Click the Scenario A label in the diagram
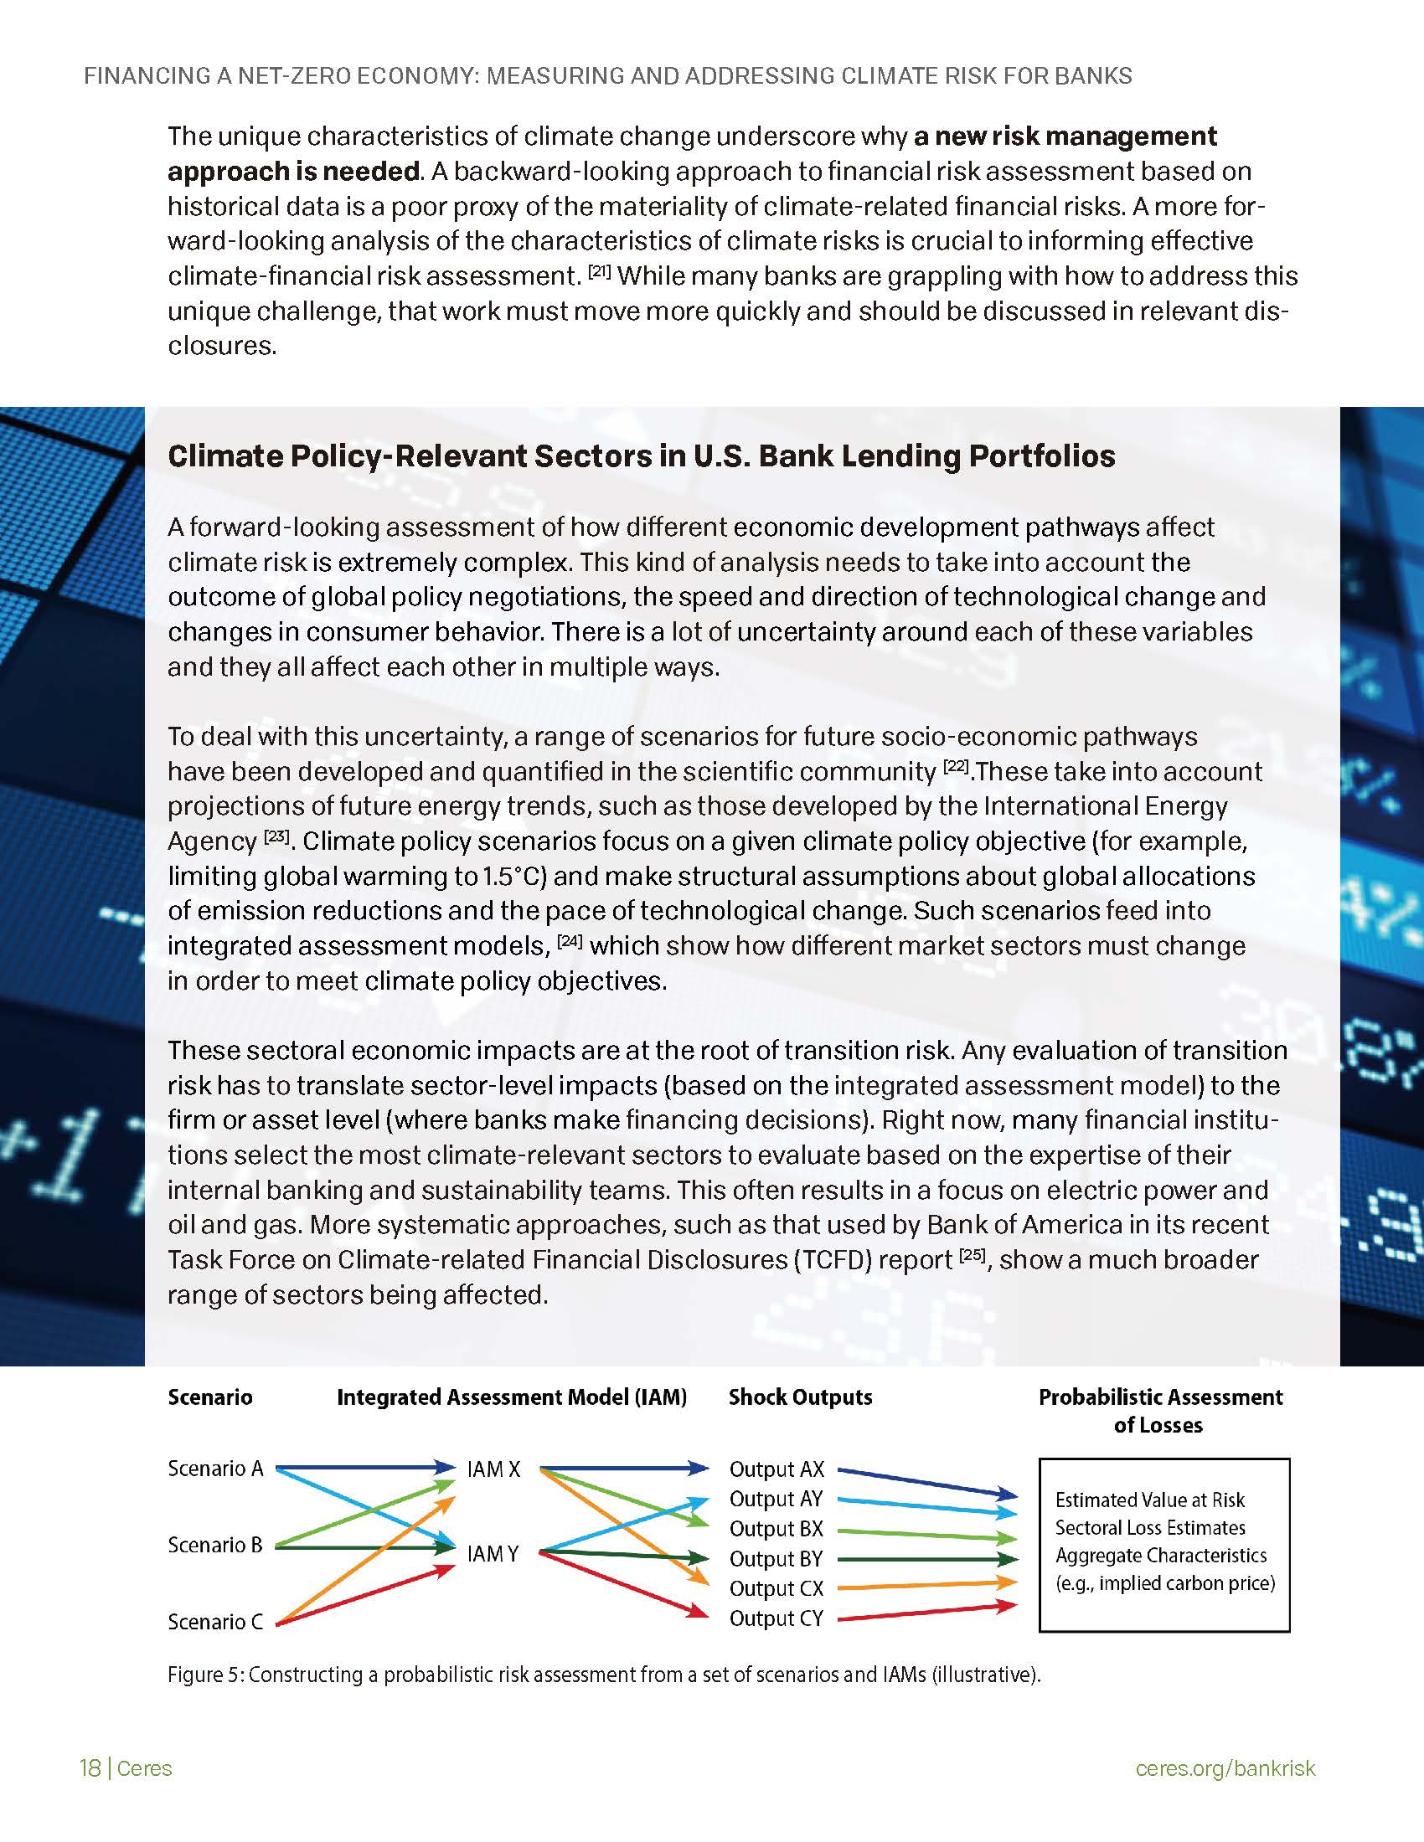[x=215, y=1469]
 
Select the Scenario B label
[x=215, y=1544]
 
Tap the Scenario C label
[x=215, y=1621]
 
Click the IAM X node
[x=493, y=1469]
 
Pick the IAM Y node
[x=493, y=1552]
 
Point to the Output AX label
[x=776, y=1469]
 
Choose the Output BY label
[x=776, y=1559]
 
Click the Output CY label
[x=776, y=1618]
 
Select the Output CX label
[x=776, y=1588]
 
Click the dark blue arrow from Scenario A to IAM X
[x=363, y=1468]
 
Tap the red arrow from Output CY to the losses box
[x=928, y=1612]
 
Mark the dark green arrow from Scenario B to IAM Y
[x=363, y=1546]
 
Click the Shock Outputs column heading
[x=800, y=1397]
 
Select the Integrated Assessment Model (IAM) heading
[x=511, y=1397]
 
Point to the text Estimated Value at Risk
[x=1149, y=1500]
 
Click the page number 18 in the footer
[x=90, y=1767]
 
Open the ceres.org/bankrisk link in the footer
[x=1225, y=1767]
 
